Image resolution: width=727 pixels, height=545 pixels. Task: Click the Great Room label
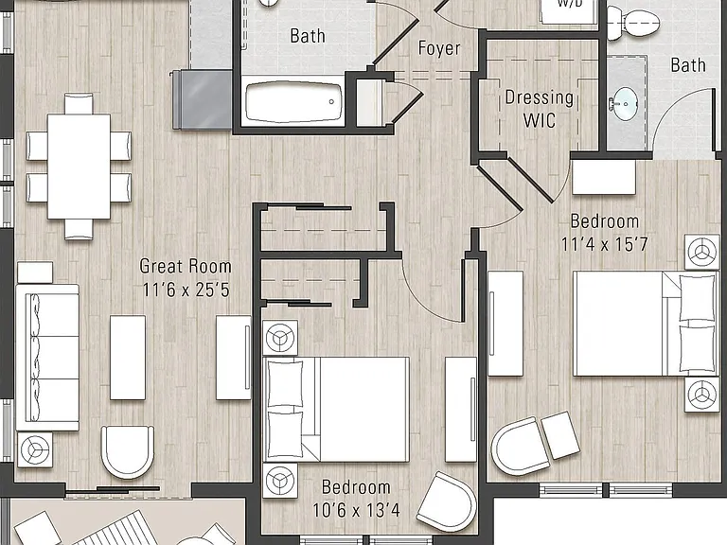(x=186, y=266)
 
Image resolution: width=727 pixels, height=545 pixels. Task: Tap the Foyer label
(x=439, y=48)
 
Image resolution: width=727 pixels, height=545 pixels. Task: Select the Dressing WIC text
(x=540, y=109)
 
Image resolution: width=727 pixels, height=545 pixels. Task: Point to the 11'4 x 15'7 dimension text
(x=604, y=244)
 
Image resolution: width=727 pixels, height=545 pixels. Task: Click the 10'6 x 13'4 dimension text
(x=356, y=510)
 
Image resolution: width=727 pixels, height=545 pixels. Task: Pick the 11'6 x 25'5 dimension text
(x=186, y=290)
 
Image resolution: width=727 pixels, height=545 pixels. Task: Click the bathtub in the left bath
(x=293, y=102)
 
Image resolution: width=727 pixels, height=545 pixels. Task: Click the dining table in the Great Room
(x=79, y=167)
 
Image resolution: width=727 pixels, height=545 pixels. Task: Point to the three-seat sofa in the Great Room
(x=47, y=358)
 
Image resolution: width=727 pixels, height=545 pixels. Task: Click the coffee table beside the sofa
(x=128, y=358)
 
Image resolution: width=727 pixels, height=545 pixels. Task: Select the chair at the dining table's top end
(x=79, y=103)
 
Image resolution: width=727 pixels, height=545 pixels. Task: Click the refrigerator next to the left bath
(x=203, y=99)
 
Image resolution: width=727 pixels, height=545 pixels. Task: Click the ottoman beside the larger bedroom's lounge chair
(x=560, y=434)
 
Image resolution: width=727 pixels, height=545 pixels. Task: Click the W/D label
(x=570, y=3)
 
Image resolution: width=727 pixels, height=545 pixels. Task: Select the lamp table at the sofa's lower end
(x=35, y=449)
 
